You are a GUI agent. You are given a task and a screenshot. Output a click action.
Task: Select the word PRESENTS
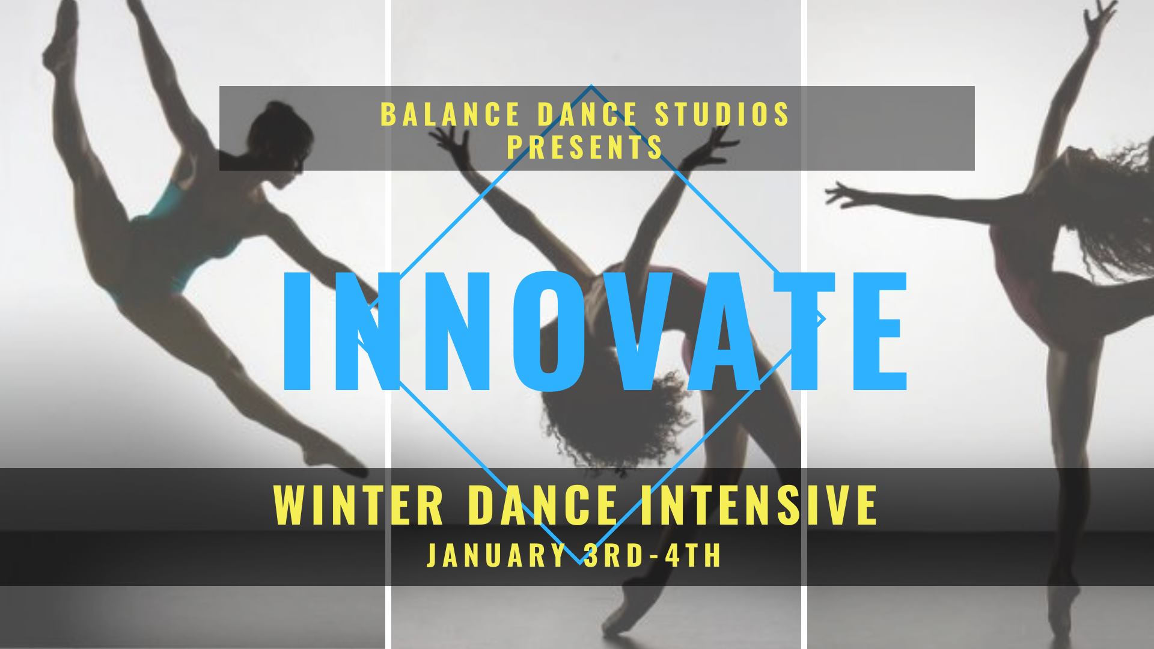(585, 147)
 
